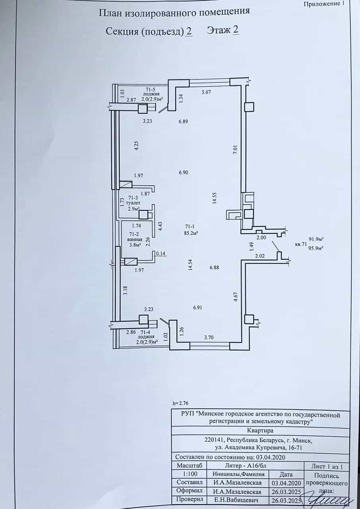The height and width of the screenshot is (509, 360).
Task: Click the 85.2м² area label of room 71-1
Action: [190, 233]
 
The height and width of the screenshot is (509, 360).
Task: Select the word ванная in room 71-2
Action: [135, 239]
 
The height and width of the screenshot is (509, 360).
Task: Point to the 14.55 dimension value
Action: [215, 198]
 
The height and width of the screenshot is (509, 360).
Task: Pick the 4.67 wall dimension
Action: [236, 297]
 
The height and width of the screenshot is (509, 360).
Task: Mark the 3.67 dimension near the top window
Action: [206, 92]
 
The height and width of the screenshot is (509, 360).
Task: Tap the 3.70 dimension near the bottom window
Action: [209, 338]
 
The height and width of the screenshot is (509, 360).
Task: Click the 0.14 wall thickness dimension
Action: [161, 254]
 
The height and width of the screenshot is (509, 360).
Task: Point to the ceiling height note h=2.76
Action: [181, 403]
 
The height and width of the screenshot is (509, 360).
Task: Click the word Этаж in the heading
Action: [219, 30]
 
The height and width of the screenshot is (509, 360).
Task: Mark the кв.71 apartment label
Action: [301, 244]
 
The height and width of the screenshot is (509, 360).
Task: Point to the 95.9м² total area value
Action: [316, 249]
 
